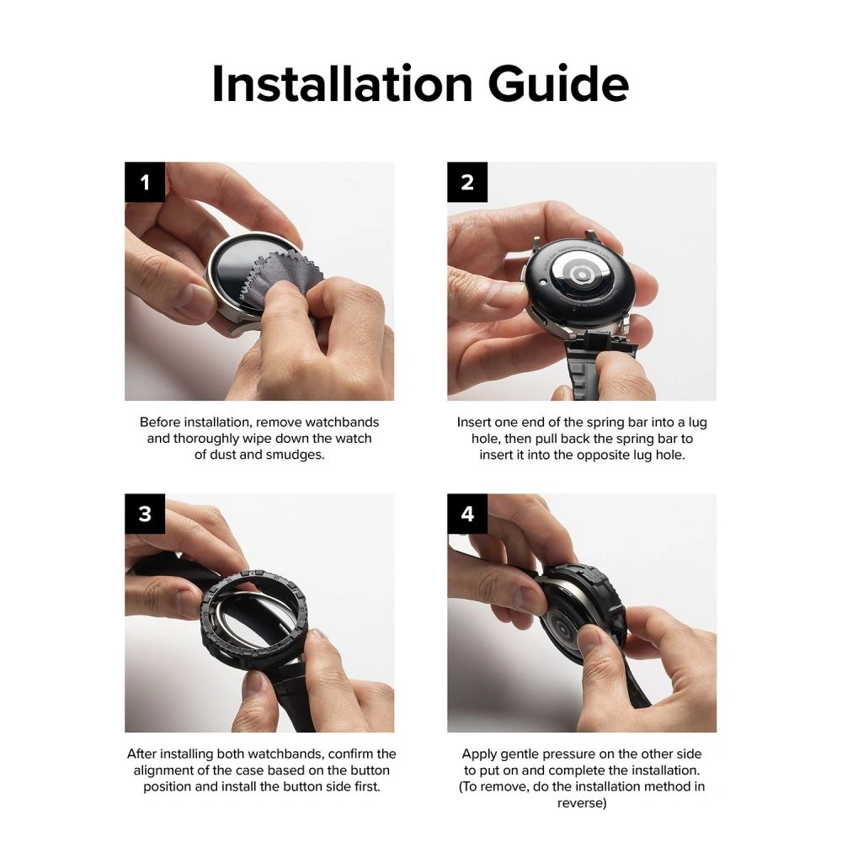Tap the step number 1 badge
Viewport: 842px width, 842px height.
click(146, 182)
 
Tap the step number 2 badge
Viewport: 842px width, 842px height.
click(467, 182)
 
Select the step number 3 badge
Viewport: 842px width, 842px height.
click(146, 514)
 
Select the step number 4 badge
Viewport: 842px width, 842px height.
click(467, 514)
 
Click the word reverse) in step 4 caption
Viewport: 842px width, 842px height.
click(581, 802)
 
